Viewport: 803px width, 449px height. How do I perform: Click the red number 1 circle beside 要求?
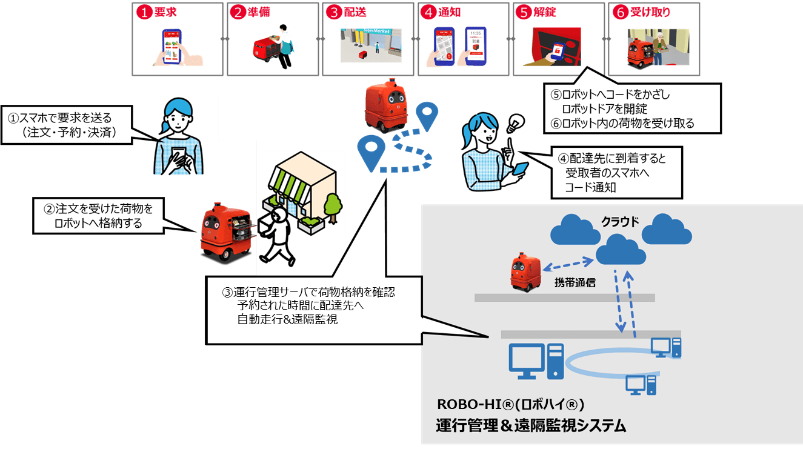[x=143, y=12]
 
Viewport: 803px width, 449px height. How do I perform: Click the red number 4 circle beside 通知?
[x=428, y=12]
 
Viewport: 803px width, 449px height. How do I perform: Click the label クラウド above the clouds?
[x=619, y=222]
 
